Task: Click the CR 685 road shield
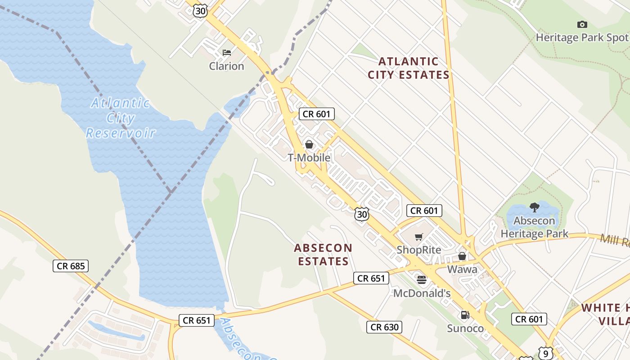tap(71, 266)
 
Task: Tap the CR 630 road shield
tap(384, 327)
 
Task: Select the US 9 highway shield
tap(545, 353)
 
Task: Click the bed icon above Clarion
tap(227, 53)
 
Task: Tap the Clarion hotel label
tap(226, 66)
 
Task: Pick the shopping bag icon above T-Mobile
tap(309, 144)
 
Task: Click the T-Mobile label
tap(309, 158)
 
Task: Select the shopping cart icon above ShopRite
tap(419, 237)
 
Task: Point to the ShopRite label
tap(419, 250)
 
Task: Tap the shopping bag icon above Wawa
tap(462, 256)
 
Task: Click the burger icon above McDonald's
tap(422, 280)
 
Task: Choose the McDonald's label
tap(422, 293)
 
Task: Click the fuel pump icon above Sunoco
tap(465, 315)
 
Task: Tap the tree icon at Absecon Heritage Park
tap(535, 207)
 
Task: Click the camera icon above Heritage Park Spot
tap(582, 25)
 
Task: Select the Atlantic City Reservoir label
tap(121, 118)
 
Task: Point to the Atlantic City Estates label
tap(409, 68)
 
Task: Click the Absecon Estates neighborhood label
tap(323, 254)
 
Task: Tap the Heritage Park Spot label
tap(582, 38)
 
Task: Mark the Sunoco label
tap(465, 328)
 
